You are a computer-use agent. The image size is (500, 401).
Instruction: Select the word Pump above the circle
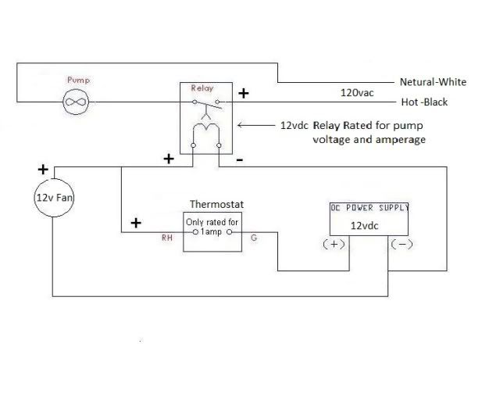(79, 81)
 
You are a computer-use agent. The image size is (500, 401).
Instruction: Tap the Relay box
(205, 117)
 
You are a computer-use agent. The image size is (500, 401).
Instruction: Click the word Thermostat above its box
(216, 204)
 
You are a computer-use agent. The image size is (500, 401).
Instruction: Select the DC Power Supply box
(370, 218)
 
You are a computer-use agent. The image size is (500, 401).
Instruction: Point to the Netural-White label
(434, 81)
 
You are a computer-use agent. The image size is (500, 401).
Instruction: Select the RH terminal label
(166, 240)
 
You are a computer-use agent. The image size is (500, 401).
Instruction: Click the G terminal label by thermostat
(253, 240)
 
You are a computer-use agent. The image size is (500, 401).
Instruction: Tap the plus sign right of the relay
(243, 93)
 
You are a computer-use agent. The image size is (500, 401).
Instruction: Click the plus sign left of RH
(136, 223)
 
